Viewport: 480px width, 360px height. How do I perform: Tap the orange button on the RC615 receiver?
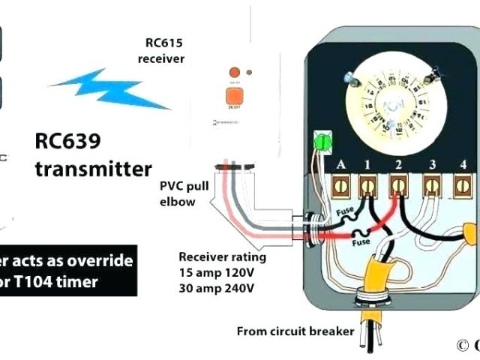(x=229, y=95)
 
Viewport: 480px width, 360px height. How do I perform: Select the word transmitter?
(x=93, y=168)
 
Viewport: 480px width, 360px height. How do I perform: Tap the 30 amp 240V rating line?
(x=216, y=287)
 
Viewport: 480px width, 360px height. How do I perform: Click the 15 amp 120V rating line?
(x=217, y=272)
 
